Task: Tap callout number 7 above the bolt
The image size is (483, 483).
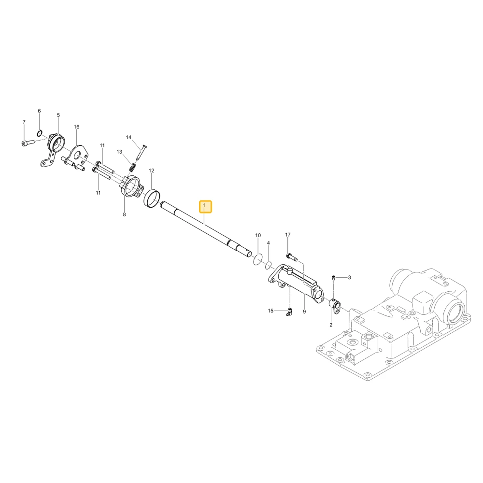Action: click(24, 122)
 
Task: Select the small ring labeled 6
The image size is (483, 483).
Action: click(40, 133)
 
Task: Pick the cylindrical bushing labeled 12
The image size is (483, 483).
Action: click(152, 199)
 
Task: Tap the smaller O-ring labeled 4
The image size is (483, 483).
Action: click(268, 265)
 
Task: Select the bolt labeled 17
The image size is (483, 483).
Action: click(291, 257)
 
